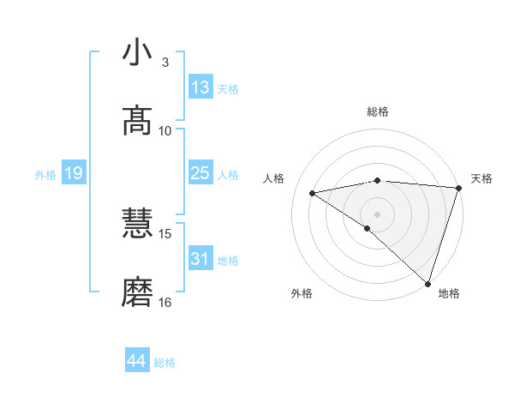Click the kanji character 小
[x=138, y=53]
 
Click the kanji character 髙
[x=138, y=121]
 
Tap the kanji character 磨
[x=138, y=292]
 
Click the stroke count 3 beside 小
[x=165, y=63]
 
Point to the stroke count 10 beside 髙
[x=165, y=130]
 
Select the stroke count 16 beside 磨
[x=165, y=302]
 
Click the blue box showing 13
[x=200, y=87]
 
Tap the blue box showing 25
[x=200, y=173]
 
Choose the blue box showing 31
[x=200, y=259]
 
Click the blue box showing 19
[x=73, y=173]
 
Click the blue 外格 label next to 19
[x=45, y=175]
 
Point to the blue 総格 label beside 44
[x=164, y=363]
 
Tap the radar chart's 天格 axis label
[x=481, y=178]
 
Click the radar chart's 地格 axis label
[x=449, y=293]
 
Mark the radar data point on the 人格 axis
[x=313, y=193]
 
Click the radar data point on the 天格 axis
[x=458, y=188]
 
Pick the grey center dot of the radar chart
[x=377, y=214]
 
